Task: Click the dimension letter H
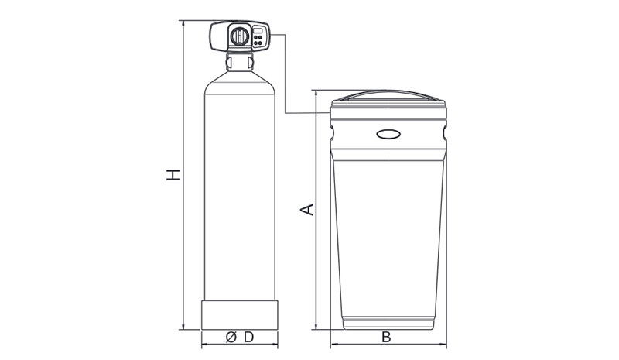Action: coord(173,175)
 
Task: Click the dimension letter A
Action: coord(306,210)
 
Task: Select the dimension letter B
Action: coord(386,338)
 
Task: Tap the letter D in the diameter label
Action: coord(248,338)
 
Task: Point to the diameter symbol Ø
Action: coord(231,338)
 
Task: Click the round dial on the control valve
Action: coord(240,36)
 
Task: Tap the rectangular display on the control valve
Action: coord(258,30)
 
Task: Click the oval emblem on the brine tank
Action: coord(388,135)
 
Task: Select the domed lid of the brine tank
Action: coord(388,95)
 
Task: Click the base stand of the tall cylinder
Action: coord(240,315)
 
